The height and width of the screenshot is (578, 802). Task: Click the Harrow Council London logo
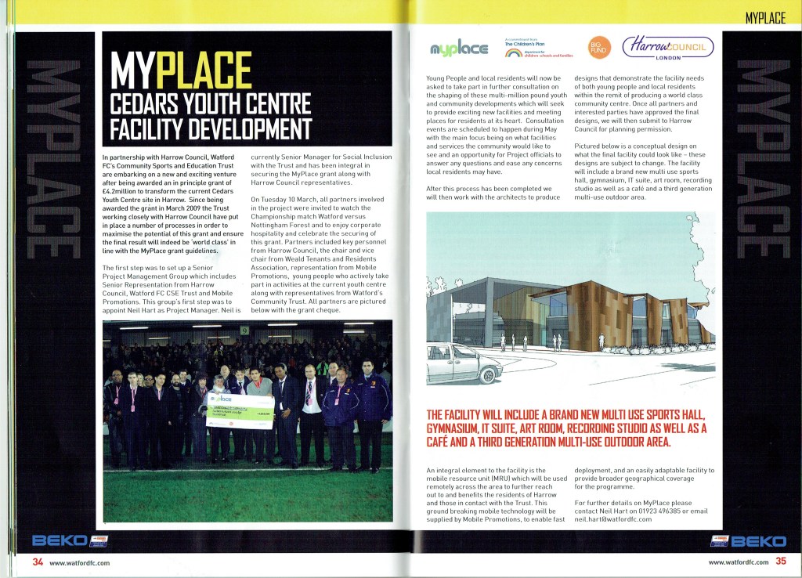(x=667, y=49)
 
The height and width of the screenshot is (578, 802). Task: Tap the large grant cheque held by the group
(x=240, y=410)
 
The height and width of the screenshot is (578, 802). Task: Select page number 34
(x=37, y=562)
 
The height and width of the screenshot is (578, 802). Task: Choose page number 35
(x=780, y=561)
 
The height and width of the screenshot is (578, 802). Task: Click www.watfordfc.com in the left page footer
(x=79, y=562)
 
